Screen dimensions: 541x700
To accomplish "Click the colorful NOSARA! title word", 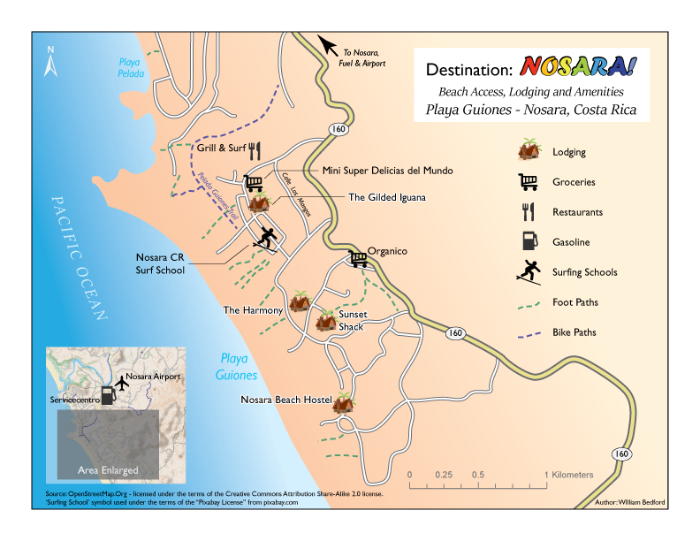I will pyautogui.click(x=578, y=68).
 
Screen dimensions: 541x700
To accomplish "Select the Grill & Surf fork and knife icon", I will pyautogui.click(x=255, y=149).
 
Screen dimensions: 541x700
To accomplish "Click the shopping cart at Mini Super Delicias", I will pyautogui.click(x=255, y=183).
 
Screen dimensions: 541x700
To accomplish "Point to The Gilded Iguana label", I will pyautogui.click(x=387, y=197).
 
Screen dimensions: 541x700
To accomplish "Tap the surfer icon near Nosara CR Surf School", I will pyautogui.click(x=265, y=238).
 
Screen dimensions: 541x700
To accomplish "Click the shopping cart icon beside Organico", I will pyautogui.click(x=358, y=258).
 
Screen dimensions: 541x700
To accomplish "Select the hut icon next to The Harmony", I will pyautogui.click(x=299, y=301).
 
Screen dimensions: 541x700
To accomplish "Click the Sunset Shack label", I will pyautogui.click(x=352, y=320).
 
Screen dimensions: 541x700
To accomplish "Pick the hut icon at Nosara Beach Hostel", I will pyautogui.click(x=343, y=401).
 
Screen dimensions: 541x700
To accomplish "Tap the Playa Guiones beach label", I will pyautogui.click(x=236, y=367).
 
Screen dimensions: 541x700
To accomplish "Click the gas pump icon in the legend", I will pyautogui.click(x=529, y=241).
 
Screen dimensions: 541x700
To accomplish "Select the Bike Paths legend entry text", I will pyautogui.click(x=574, y=332).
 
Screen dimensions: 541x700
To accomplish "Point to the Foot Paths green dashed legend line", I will pyautogui.click(x=529, y=302).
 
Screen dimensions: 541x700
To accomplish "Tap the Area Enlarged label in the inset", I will pyautogui.click(x=108, y=469).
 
